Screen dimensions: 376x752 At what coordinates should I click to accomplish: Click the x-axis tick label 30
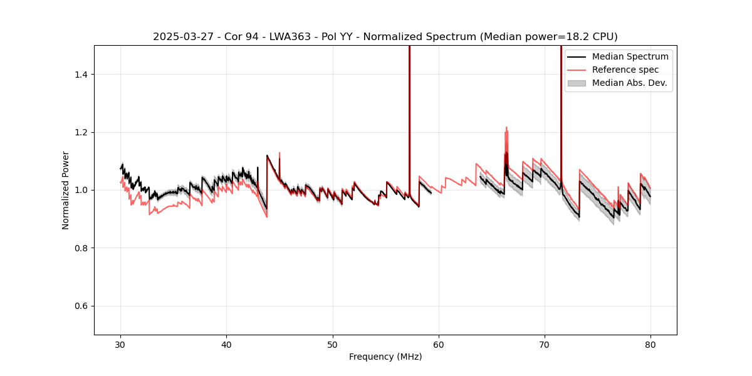click(x=121, y=344)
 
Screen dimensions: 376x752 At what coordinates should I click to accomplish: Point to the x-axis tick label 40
click(x=227, y=344)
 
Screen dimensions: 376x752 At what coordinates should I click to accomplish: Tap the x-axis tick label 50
click(x=333, y=344)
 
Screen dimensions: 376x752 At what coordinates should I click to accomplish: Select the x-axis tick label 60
click(x=439, y=344)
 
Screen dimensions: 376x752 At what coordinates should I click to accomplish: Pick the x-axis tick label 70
click(x=545, y=344)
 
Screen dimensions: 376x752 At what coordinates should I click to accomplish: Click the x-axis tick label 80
click(x=650, y=344)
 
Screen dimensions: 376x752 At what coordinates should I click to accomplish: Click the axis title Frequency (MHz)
click(x=385, y=357)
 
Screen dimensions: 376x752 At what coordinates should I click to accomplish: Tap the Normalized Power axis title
click(x=66, y=190)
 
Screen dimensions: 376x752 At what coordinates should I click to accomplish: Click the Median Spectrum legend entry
click(x=630, y=56)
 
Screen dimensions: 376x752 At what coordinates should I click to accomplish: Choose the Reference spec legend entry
click(x=625, y=70)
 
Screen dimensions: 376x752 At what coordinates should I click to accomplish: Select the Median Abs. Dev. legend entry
click(x=629, y=83)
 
